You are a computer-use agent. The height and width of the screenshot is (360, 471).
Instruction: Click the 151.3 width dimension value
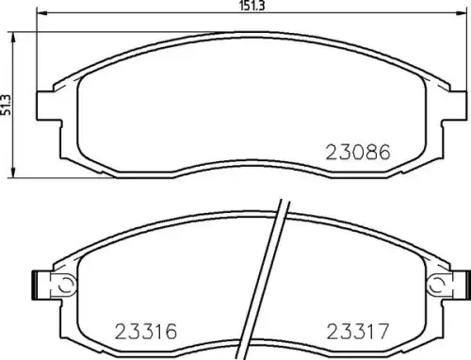(252, 6)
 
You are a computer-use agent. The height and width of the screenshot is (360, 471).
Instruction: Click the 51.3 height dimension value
(6, 105)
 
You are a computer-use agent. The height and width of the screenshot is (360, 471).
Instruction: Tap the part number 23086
(358, 153)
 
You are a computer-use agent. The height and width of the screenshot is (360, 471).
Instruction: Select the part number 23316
(146, 332)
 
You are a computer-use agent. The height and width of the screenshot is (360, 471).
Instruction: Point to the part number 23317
(358, 332)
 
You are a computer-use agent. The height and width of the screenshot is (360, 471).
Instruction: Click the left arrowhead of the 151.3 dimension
(42, 13)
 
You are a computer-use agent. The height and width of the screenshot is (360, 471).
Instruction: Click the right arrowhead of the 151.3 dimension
(462, 13)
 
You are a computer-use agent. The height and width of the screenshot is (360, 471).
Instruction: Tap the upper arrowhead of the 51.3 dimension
(13, 38)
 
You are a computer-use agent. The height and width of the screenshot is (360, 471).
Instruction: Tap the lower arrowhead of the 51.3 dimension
(13, 172)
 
